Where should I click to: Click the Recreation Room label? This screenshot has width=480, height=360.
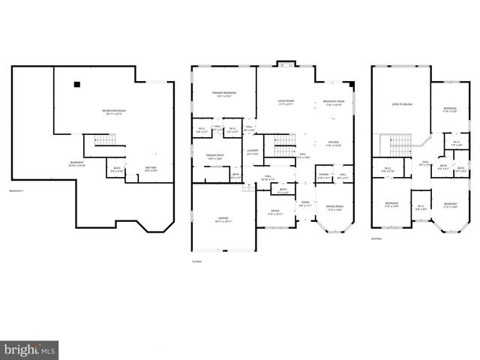(x=113, y=112)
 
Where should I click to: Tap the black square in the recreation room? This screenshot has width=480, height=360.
(x=76, y=85)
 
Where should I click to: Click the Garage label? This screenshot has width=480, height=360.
(x=224, y=220)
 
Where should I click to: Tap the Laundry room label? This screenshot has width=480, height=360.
(x=252, y=152)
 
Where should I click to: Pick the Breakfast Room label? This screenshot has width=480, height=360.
(x=334, y=103)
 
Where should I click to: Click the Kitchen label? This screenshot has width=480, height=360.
(x=334, y=143)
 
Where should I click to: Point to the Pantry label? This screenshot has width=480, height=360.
(x=322, y=175)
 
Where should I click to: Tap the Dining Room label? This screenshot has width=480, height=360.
(x=334, y=208)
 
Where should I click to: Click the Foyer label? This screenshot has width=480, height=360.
(x=305, y=203)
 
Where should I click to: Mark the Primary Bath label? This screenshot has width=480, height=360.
(x=214, y=156)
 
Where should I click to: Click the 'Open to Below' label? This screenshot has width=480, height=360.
(x=403, y=105)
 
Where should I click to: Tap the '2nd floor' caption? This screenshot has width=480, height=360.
(x=376, y=238)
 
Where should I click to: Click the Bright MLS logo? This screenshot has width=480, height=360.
(x=29, y=349)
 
